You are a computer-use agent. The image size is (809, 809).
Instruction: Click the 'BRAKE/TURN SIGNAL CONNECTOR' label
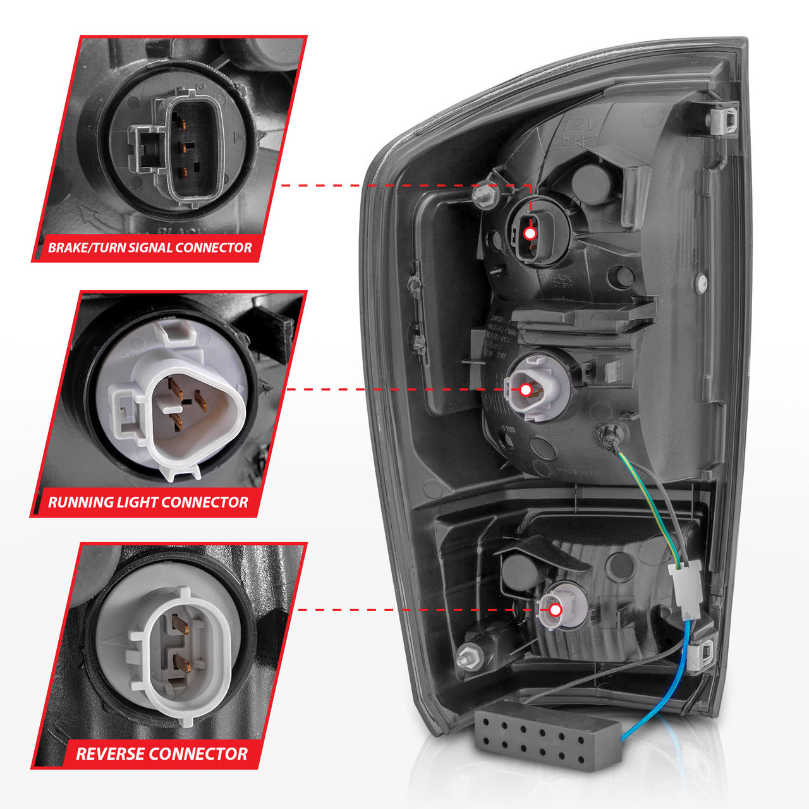click(150, 247)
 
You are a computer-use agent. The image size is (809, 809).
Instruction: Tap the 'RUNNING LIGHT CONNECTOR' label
click(148, 502)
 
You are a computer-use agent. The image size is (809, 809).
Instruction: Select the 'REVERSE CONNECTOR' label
click(161, 753)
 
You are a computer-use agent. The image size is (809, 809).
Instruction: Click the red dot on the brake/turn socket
click(530, 233)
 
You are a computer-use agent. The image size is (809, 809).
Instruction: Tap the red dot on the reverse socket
click(556, 610)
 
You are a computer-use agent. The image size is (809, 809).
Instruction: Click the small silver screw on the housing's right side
click(701, 283)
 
